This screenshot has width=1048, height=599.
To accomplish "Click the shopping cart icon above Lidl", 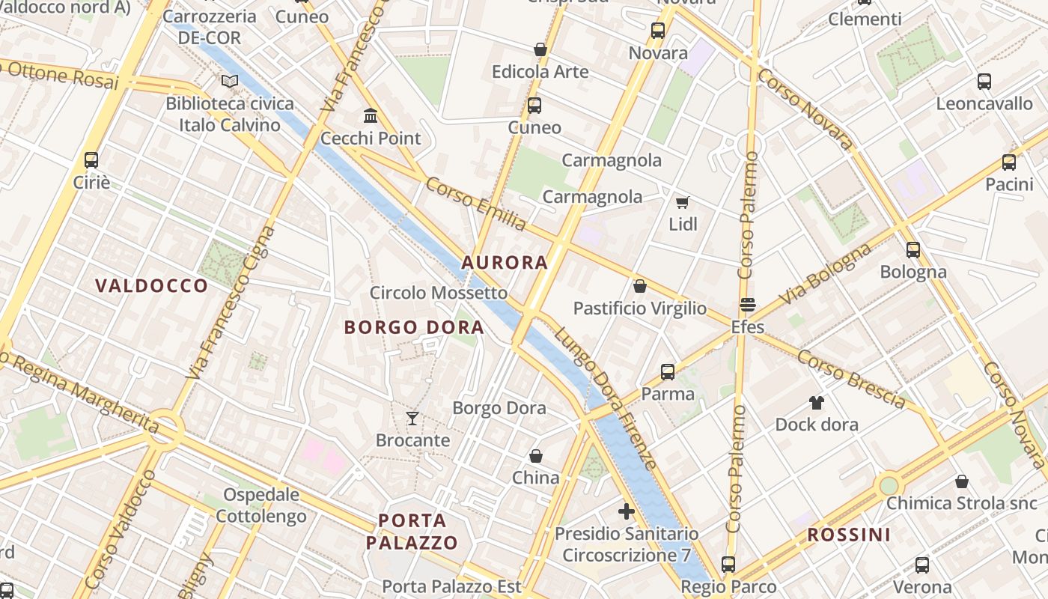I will tap(682, 202).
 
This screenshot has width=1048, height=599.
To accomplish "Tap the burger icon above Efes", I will tap(747, 305).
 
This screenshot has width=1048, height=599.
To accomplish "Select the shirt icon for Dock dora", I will tap(816, 403).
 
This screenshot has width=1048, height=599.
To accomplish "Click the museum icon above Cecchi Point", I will tap(370, 115).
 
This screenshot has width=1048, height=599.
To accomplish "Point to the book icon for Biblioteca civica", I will tap(230, 81).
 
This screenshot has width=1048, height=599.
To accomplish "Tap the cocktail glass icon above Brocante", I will tap(412, 418).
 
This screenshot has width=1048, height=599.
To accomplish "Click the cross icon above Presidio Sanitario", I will tap(627, 511).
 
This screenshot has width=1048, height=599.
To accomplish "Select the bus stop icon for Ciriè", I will tap(91, 159).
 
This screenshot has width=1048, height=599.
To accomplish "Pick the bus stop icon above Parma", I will tap(668, 371).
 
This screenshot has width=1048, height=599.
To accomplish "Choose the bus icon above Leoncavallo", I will tap(984, 82).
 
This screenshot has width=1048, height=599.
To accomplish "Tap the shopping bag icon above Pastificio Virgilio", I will tap(639, 286).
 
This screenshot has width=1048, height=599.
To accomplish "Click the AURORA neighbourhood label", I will tap(505, 263).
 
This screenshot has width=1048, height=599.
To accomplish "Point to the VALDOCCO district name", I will tap(152, 285).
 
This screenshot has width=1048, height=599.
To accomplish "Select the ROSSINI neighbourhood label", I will tap(849, 535).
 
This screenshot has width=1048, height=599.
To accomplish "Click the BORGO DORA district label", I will tap(414, 327).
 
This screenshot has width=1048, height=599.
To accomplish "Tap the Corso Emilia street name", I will tap(477, 204).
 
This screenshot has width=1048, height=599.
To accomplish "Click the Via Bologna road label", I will tap(825, 273).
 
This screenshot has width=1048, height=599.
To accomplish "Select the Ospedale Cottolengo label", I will tap(261, 505).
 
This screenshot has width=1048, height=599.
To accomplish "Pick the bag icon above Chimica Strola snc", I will tap(962, 481).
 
